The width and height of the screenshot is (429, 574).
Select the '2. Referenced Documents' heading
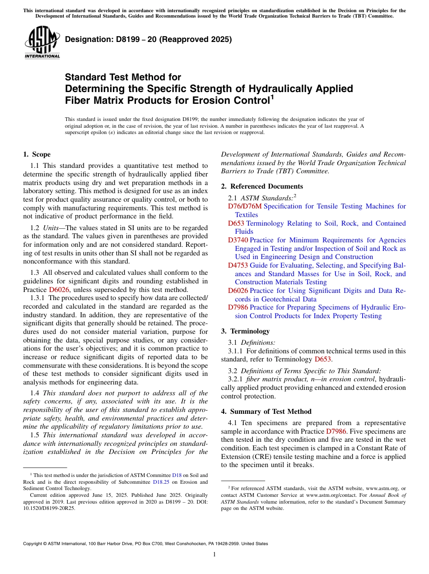coord(262,186)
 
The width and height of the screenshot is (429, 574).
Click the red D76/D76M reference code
coord(244,206)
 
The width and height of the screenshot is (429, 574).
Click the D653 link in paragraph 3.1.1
coord(323,359)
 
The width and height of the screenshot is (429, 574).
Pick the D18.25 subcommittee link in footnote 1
coord(161,481)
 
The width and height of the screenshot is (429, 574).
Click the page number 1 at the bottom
coord(214,555)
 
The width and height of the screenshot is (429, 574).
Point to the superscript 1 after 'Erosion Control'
coord(272,96)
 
